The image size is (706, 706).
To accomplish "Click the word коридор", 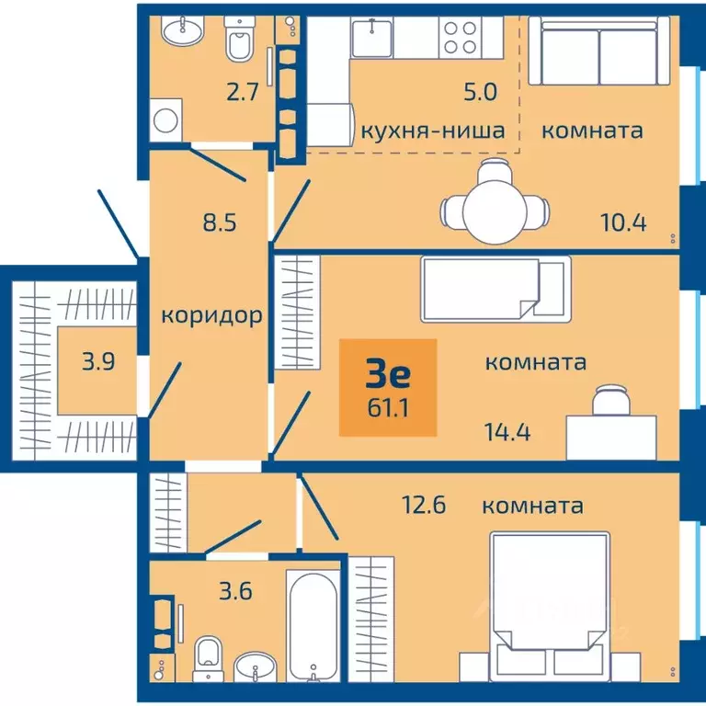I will point(212,315).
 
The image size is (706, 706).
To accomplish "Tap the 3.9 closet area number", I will point(98,361).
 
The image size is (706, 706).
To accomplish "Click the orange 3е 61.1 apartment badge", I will point(388,386).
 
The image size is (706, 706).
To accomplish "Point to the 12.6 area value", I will point(424,506).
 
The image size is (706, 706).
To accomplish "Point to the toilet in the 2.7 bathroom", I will point(240,41).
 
